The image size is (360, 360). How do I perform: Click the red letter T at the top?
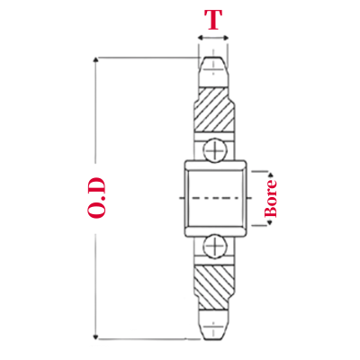[212, 20]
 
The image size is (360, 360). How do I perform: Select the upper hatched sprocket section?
[213, 110]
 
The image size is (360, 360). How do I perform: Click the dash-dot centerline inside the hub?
[214, 196]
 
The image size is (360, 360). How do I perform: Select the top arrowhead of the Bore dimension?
[268, 171]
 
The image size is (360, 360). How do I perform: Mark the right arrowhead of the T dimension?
[227, 39]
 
